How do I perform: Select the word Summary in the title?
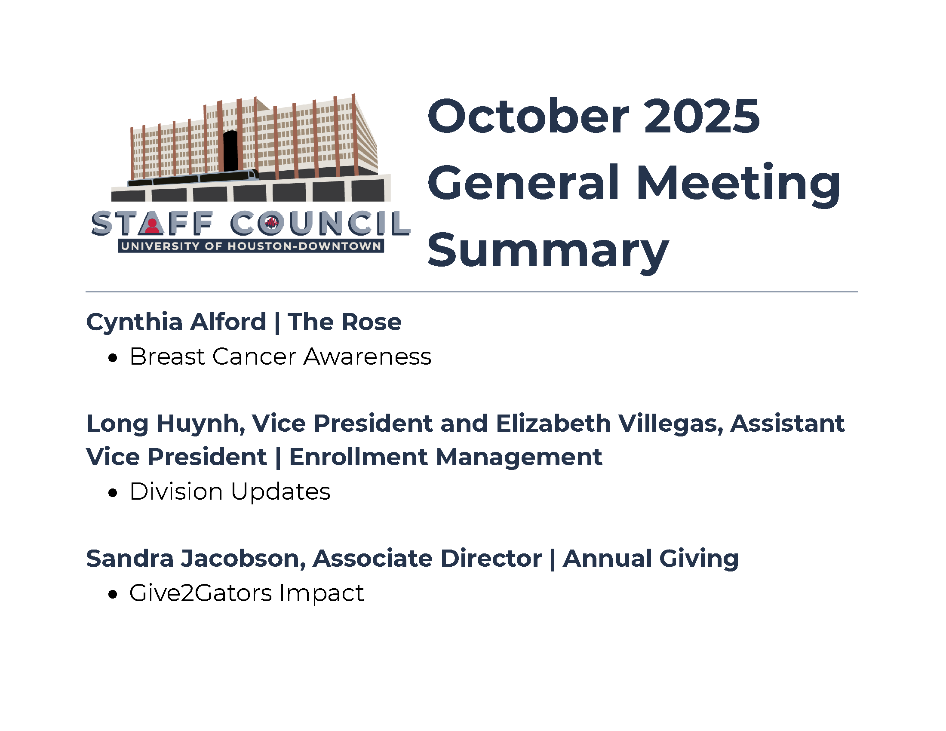(x=548, y=251)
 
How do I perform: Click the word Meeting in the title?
(x=738, y=184)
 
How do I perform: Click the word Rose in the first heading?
(x=373, y=322)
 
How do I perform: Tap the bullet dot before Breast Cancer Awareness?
(x=113, y=358)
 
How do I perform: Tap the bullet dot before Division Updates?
(x=113, y=493)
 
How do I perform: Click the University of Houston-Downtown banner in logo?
(x=251, y=246)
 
